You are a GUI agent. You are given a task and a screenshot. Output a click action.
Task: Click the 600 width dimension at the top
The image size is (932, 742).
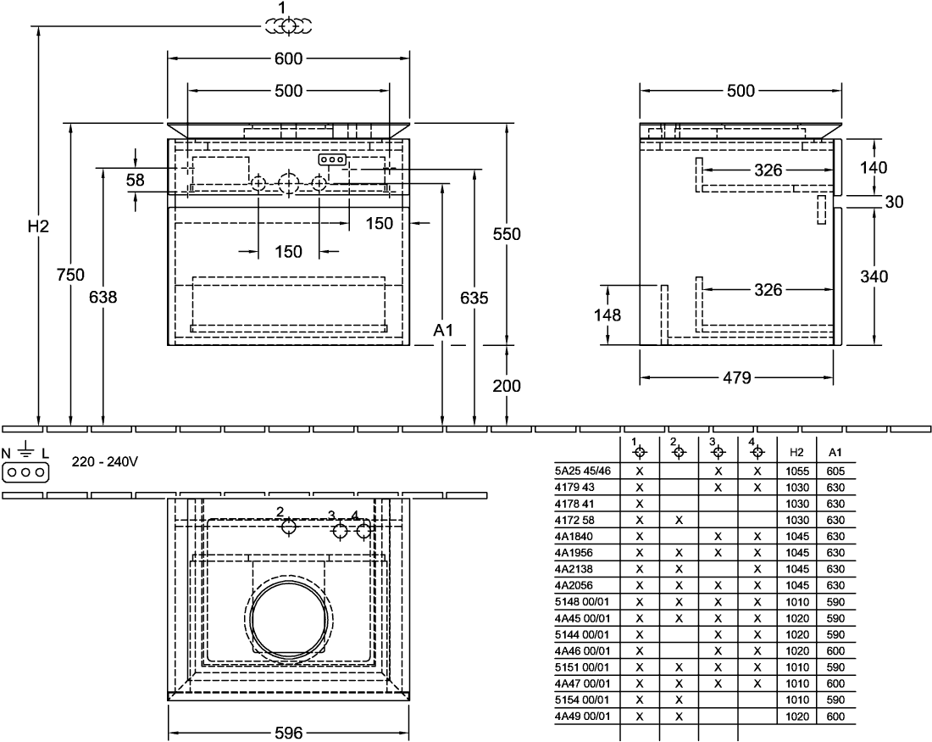tap(288, 59)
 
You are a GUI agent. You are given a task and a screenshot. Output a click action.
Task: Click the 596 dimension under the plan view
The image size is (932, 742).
tap(289, 733)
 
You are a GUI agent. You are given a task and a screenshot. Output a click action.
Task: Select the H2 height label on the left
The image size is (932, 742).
tap(39, 226)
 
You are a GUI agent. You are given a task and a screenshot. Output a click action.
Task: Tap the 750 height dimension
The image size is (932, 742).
tap(70, 275)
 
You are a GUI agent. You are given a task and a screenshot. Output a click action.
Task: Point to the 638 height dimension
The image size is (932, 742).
tap(103, 296)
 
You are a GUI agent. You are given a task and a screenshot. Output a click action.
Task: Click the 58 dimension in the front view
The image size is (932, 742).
tap(136, 180)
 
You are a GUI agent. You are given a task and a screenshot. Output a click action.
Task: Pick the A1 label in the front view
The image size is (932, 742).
tap(443, 330)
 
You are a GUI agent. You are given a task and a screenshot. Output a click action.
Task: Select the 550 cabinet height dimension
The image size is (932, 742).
tap(507, 234)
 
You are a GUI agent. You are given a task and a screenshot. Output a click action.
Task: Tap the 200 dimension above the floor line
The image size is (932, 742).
tap(507, 386)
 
